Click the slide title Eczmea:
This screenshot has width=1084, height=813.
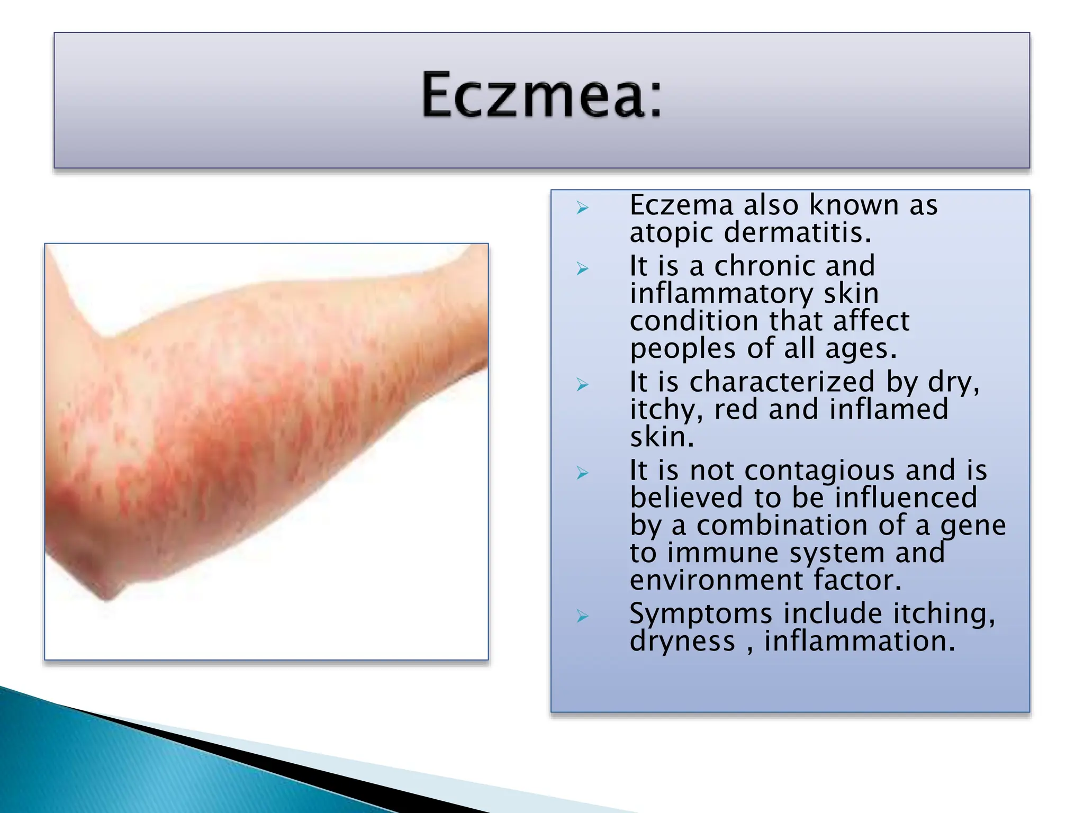tap(541, 95)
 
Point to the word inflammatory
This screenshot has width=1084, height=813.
tap(721, 294)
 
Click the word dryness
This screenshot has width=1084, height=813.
tap(682, 642)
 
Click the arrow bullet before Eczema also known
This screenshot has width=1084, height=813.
tap(582, 208)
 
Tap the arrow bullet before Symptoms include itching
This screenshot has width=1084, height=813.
tap(582, 616)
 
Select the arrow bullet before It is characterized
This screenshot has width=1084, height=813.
tap(582, 385)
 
